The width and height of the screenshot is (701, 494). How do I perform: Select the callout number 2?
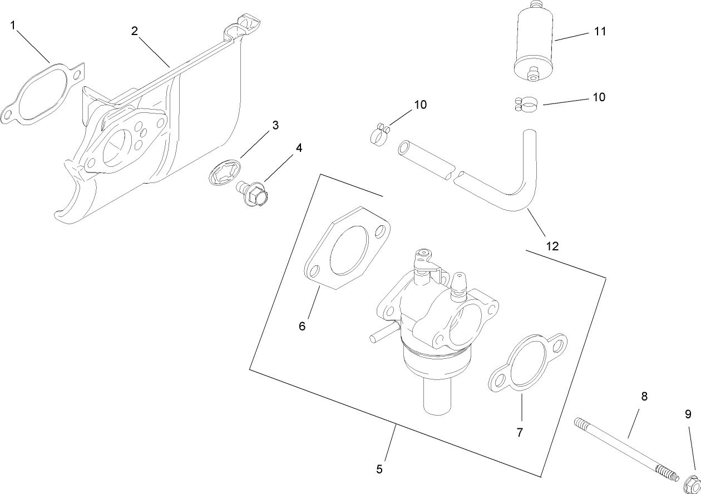[134, 31]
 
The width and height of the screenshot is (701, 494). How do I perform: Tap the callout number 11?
[599, 31]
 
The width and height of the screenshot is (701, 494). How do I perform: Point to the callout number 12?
[552, 245]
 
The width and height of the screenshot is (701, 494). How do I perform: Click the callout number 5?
[379, 469]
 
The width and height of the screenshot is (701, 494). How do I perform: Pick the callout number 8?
[644, 397]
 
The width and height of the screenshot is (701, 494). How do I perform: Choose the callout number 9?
[688, 414]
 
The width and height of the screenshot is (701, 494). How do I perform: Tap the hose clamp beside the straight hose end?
[379, 135]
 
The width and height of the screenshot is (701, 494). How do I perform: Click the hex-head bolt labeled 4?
[255, 194]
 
